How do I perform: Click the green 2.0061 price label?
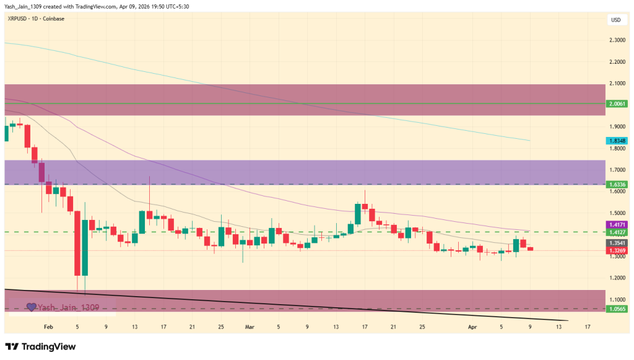[x=617, y=103]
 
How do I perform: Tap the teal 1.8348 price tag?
[x=617, y=141]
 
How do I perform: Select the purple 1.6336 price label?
[x=617, y=184]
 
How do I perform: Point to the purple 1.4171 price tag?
[x=617, y=224]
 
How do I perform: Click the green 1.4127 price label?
[x=617, y=232]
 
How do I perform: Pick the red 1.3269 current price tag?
[x=617, y=251]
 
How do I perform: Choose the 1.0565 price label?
[x=617, y=309]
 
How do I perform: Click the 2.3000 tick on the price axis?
[x=617, y=40]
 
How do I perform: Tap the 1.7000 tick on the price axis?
[x=617, y=170]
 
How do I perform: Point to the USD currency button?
[x=616, y=20]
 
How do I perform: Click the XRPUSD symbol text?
[x=19, y=19]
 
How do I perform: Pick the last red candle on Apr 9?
[x=530, y=249]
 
